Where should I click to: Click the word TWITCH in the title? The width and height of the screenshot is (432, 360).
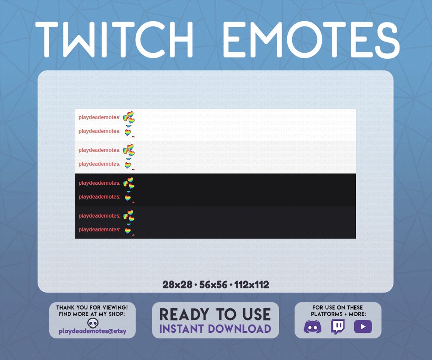(x=114, y=39)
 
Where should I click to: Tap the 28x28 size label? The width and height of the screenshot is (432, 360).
(x=177, y=285)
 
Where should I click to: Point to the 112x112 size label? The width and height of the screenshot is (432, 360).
(x=252, y=285)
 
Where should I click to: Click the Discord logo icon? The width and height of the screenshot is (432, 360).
(x=312, y=327)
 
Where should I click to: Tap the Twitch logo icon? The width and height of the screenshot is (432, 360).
(x=338, y=327)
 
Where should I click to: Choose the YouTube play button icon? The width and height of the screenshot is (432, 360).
(x=363, y=326)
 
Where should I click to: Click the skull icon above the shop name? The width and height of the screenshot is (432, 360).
(x=93, y=323)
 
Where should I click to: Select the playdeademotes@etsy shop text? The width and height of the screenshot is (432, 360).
(x=92, y=331)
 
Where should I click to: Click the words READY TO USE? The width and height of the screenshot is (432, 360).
(x=215, y=315)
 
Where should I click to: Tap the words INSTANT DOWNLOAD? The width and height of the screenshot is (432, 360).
(x=215, y=329)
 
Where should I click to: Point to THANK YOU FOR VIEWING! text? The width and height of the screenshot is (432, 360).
(x=92, y=307)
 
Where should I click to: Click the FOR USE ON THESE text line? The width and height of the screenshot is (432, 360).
(x=338, y=307)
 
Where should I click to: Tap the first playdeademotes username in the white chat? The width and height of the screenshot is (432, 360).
(x=99, y=117)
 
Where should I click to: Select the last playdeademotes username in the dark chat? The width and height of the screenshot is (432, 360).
(x=99, y=229)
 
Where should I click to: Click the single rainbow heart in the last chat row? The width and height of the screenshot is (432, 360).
(x=128, y=231)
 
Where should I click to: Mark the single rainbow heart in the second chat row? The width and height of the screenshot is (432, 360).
(x=128, y=132)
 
